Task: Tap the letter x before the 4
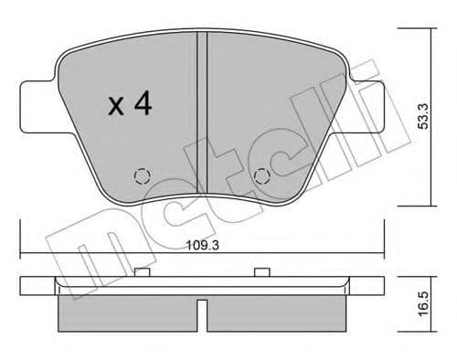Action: point(115,108)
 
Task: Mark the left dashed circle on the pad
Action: point(142,175)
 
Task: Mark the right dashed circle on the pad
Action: point(263,175)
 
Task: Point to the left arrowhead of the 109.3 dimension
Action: point(23,254)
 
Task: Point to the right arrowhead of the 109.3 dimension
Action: point(385,254)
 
